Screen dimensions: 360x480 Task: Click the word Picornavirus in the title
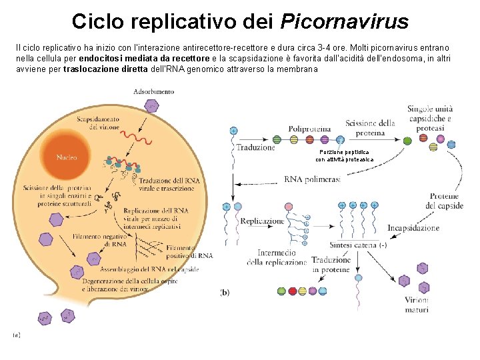click(x=344, y=21)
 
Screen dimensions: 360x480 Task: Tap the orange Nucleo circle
click(x=67, y=157)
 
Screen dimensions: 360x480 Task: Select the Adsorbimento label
click(x=154, y=91)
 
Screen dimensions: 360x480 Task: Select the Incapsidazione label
click(x=416, y=227)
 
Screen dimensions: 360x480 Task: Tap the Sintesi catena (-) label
click(x=362, y=245)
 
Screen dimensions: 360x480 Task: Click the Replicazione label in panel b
click(x=263, y=221)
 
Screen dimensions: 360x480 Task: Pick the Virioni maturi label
click(x=416, y=305)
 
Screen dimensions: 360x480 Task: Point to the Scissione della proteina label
click(x=370, y=127)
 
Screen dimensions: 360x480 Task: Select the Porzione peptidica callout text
click(x=344, y=155)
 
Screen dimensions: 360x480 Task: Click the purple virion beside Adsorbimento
click(x=153, y=105)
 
